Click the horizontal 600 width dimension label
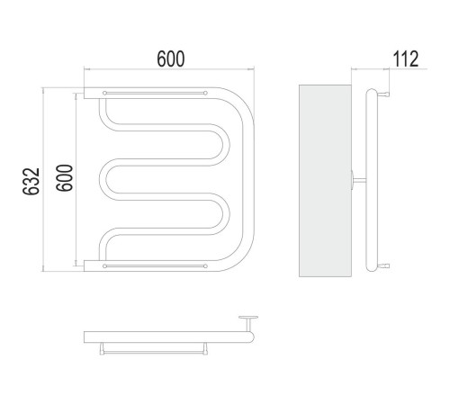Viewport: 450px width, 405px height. coord(171,58)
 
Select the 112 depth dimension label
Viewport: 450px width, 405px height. coord(405,58)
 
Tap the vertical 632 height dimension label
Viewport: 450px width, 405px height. coord(31,182)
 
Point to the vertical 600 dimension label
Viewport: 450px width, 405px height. coord(65,178)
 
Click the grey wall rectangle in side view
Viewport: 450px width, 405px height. coord(325,181)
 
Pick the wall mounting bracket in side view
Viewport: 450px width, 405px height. coord(358,180)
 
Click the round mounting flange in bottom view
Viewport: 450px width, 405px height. coord(248,318)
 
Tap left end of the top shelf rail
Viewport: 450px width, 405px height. coord(104,93)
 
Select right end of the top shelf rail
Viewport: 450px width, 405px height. coord(205,93)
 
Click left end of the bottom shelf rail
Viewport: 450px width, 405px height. coord(104,266)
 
